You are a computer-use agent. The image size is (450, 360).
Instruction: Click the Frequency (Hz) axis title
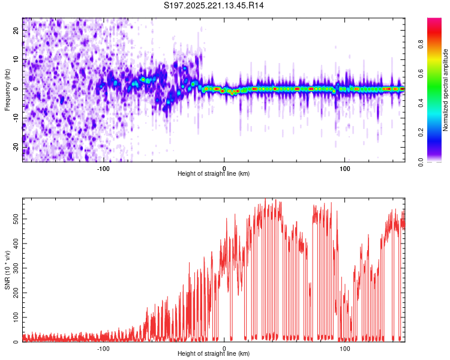tap(7, 89)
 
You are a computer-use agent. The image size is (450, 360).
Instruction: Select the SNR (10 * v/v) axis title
tap(7, 270)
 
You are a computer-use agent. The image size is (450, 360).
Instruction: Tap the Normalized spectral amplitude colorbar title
tap(446, 90)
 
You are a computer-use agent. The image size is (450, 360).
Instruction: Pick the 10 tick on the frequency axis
tap(16, 59)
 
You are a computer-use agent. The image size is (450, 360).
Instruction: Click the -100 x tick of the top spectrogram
tap(103, 167)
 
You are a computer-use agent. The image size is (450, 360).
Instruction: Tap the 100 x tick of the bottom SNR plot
tap(345, 348)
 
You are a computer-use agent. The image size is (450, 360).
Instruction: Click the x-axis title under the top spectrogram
tap(214, 174)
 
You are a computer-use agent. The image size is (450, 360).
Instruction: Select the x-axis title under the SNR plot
tap(214, 355)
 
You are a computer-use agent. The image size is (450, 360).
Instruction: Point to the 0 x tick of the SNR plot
tap(224, 348)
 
